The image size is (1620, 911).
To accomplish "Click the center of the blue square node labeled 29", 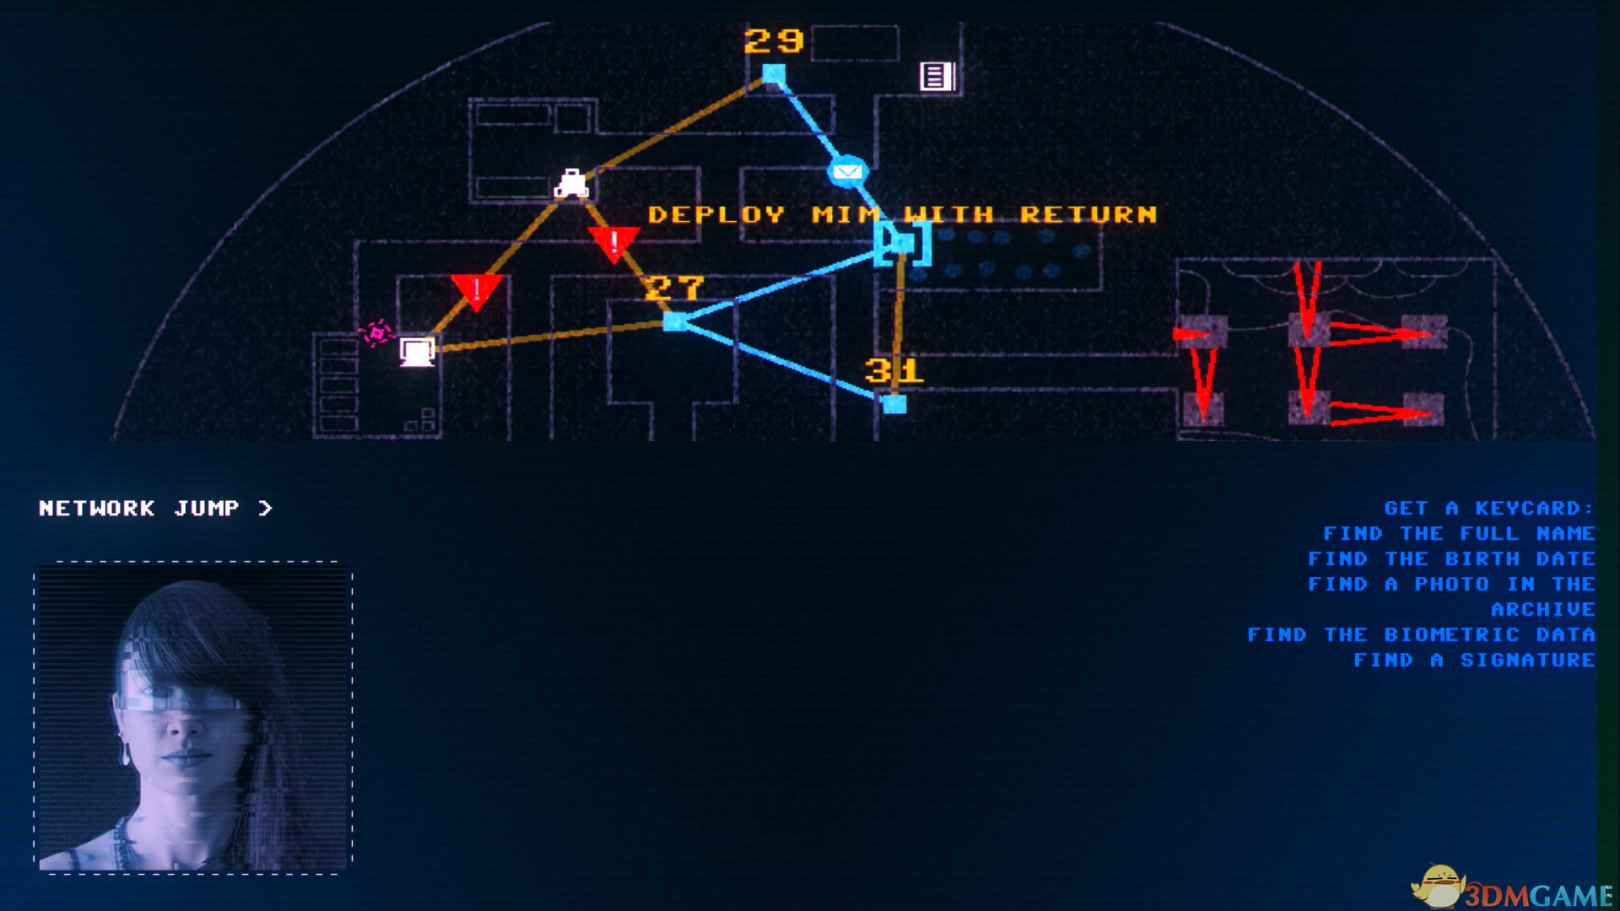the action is (x=773, y=74).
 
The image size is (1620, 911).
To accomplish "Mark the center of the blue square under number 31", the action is (x=894, y=404).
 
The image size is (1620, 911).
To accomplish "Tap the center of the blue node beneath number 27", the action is (x=674, y=321).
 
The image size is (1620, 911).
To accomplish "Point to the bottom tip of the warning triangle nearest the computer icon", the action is (x=476, y=311).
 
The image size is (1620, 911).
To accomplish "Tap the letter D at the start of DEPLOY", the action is (x=657, y=214).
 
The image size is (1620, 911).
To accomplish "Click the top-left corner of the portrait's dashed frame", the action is (x=35, y=562).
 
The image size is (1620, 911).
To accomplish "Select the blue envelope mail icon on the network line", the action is (x=847, y=172).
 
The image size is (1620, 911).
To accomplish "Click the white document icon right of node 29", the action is (x=937, y=76).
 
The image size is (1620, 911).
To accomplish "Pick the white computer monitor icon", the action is (x=417, y=351).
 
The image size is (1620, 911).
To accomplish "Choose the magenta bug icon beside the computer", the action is (x=376, y=333).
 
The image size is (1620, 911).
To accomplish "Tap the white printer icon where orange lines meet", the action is (x=571, y=183).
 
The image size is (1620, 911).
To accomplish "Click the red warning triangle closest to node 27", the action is (x=614, y=245).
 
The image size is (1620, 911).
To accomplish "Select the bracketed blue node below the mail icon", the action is (x=902, y=243).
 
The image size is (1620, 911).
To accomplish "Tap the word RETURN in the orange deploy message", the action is (x=1088, y=214).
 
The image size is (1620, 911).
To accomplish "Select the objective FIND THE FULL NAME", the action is (x=1459, y=533).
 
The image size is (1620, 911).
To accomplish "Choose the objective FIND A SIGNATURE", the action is (x=1474, y=660).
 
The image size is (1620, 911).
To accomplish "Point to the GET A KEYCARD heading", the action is (x=1489, y=508).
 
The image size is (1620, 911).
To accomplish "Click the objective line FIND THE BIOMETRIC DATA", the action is (x=1421, y=634).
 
